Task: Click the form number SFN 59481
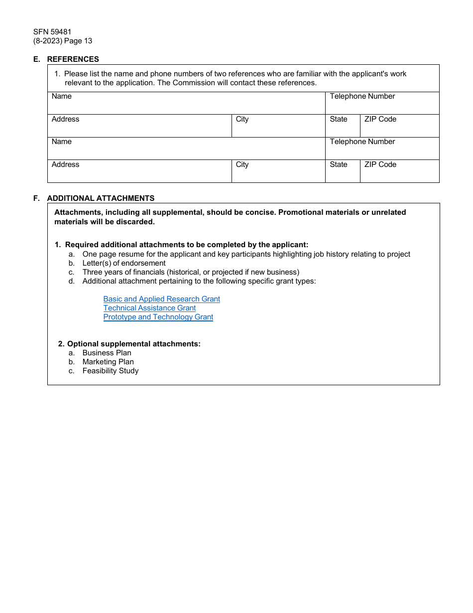click(52, 32)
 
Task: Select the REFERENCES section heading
click(73, 59)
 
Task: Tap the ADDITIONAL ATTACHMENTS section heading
click(101, 198)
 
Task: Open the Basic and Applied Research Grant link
click(161, 299)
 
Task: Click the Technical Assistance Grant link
click(149, 308)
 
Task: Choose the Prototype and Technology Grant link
click(158, 317)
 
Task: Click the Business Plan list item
click(107, 353)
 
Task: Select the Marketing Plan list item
click(108, 362)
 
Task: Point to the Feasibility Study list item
click(111, 371)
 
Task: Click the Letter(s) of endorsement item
click(124, 263)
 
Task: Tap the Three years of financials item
click(191, 272)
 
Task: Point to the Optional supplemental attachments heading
click(133, 344)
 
